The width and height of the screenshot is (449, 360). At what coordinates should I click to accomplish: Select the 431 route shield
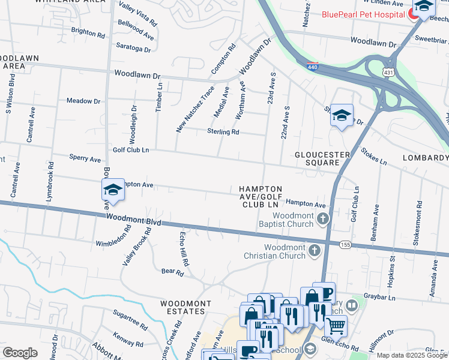tap(389, 72)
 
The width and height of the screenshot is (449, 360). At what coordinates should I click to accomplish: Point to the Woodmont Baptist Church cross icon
tap(323, 219)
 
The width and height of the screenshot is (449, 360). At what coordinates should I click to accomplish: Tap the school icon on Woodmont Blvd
tap(112, 191)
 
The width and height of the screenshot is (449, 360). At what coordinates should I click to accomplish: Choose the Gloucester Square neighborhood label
tap(322, 159)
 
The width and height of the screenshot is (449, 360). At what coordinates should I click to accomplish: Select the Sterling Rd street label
tap(223, 131)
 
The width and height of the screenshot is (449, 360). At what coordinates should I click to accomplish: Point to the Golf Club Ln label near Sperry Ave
tap(130, 149)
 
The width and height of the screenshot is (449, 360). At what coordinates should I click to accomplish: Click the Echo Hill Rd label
tap(184, 249)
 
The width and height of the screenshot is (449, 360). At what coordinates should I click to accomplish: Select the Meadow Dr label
tap(83, 101)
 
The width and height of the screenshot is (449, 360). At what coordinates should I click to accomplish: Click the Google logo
tap(20, 353)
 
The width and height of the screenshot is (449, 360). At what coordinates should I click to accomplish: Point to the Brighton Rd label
tap(88, 31)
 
